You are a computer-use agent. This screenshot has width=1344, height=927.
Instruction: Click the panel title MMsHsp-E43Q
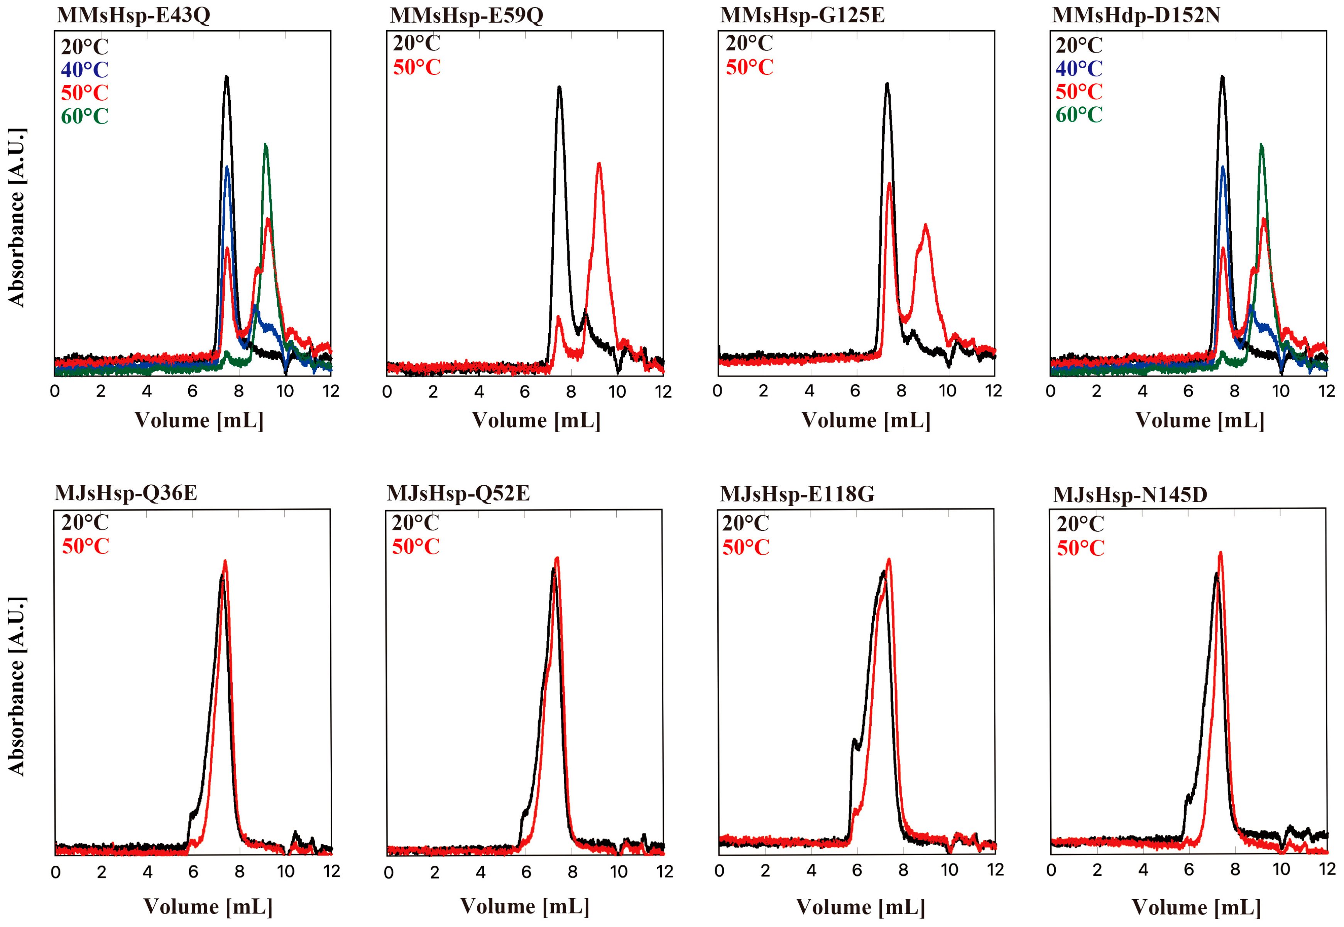pyautogui.click(x=133, y=15)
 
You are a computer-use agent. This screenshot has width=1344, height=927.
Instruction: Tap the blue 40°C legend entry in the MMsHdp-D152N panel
pyautogui.click(x=1078, y=69)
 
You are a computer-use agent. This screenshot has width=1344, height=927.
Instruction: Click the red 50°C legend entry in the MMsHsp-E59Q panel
pyautogui.click(x=416, y=68)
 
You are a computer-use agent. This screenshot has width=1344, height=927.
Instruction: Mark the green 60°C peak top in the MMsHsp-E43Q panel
pyautogui.click(x=265, y=145)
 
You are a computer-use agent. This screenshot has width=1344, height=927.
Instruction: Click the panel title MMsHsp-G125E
pyautogui.click(x=802, y=15)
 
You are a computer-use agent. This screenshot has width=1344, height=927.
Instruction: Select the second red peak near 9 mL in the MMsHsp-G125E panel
pyautogui.click(x=925, y=226)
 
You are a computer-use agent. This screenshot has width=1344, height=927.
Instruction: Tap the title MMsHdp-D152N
pyautogui.click(x=1136, y=15)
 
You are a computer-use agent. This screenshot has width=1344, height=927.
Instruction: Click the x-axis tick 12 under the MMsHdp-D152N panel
pyautogui.click(x=1326, y=391)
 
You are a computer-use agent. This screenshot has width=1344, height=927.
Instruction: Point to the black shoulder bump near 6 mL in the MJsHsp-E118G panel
pyautogui.click(x=854, y=741)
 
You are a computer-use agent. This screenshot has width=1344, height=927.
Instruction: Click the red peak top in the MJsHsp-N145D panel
pyautogui.click(x=1220, y=554)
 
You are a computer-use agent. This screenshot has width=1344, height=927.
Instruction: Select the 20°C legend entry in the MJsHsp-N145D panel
pyautogui.click(x=1080, y=524)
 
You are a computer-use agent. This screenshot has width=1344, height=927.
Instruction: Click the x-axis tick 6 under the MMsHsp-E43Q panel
pyautogui.click(x=192, y=391)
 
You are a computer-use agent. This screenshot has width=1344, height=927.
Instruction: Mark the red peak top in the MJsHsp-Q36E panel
pyautogui.click(x=225, y=562)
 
